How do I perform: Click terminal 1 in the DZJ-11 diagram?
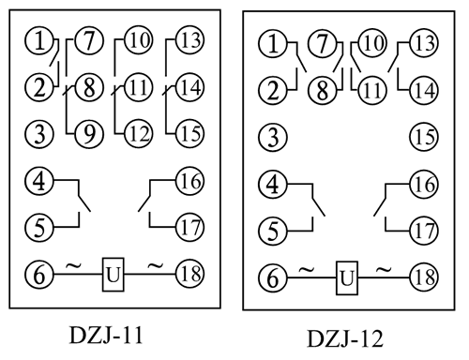point(38,42)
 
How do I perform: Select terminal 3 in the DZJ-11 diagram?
point(38,134)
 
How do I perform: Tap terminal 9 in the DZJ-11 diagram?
point(90,134)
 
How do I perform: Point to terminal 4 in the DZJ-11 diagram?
point(38,180)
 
